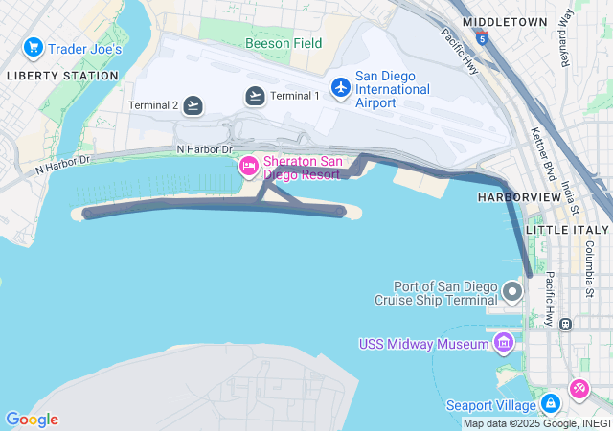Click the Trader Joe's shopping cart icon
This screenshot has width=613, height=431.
click(33, 47)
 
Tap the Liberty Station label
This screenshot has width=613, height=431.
click(54, 75)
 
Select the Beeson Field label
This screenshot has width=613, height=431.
click(284, 43)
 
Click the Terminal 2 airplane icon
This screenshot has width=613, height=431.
click(193, 105)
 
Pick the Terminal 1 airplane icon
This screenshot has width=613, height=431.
click(255, 95)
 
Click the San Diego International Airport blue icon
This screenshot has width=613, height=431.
click(340, 87)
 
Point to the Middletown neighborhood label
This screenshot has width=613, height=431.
click(504, 21)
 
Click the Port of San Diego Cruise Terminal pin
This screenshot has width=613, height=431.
click(512, 291)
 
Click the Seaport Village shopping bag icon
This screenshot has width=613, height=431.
click(550, 404)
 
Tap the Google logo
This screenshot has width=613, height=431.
click(32, 420)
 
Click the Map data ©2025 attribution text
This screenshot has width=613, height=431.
click(536, 423)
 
